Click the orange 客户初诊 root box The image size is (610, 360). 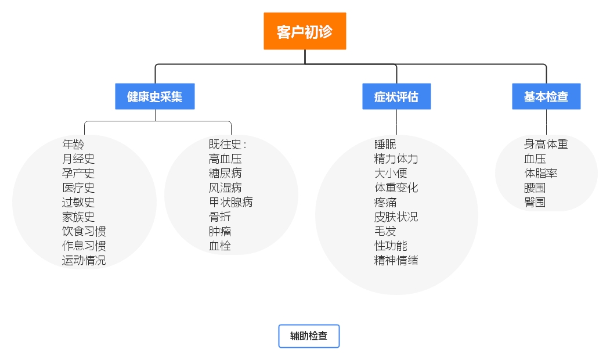tap(305, 31)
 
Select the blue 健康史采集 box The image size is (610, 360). tap(154, 97)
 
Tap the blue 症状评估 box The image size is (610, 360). tap(397, 97)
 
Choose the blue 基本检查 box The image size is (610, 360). tap(546, 97)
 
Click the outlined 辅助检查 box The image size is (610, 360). tap(309, 336)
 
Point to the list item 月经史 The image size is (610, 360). tap(78, 159)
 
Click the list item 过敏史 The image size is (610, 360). tap(78, 202)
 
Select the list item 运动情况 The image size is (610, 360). tap(84, 260)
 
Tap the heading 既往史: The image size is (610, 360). tap(228, 144)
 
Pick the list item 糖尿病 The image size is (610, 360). tap(225, 173)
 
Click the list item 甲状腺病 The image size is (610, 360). tap(230, 202)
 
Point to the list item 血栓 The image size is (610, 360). tap(219, 246)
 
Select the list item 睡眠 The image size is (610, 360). tap(385, 144)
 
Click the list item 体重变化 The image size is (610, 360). tap(396, 188)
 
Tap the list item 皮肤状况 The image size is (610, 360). tap(396, 217)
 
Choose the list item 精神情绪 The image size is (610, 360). tap(396, 260)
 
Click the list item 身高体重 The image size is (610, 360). tap(546, 144)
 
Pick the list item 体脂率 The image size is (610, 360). tap(540, 173)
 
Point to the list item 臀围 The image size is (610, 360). tap(535, 202)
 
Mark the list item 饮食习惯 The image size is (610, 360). tap(84, 231)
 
